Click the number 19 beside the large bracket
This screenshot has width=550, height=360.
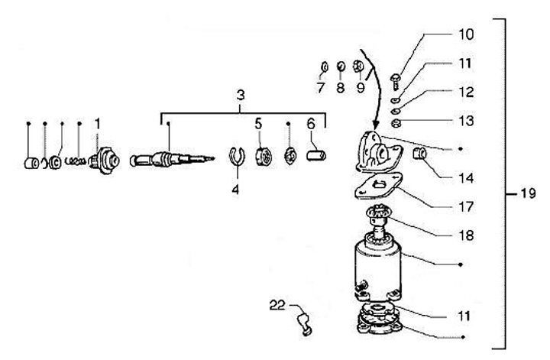pos(528,194)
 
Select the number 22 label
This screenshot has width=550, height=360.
pos(277,305)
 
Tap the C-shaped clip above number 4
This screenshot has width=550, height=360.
pos(237,157)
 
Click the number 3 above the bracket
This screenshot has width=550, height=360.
pos(241,96)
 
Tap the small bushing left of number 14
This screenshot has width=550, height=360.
pos(420,154)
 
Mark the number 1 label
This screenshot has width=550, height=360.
pos(98,123)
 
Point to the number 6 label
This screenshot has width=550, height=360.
pos(311,123)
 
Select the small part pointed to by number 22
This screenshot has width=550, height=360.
pos(305,324)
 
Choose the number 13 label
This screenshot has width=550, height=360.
pos(465,121)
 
